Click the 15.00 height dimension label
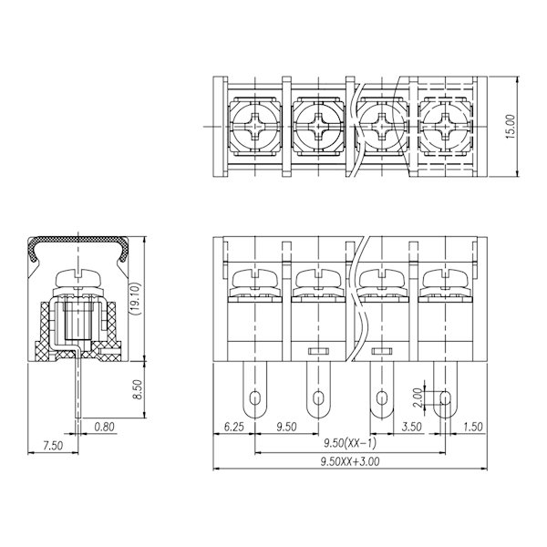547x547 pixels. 510,127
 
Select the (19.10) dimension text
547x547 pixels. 135,299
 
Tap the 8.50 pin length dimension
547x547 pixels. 139,389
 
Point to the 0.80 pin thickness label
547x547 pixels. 104,427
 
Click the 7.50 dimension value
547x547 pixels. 53,446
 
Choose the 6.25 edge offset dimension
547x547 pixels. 233,427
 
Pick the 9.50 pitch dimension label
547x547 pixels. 286,427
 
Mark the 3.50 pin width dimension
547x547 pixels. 412,427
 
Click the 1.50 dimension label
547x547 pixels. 473,427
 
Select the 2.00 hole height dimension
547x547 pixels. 418,398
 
